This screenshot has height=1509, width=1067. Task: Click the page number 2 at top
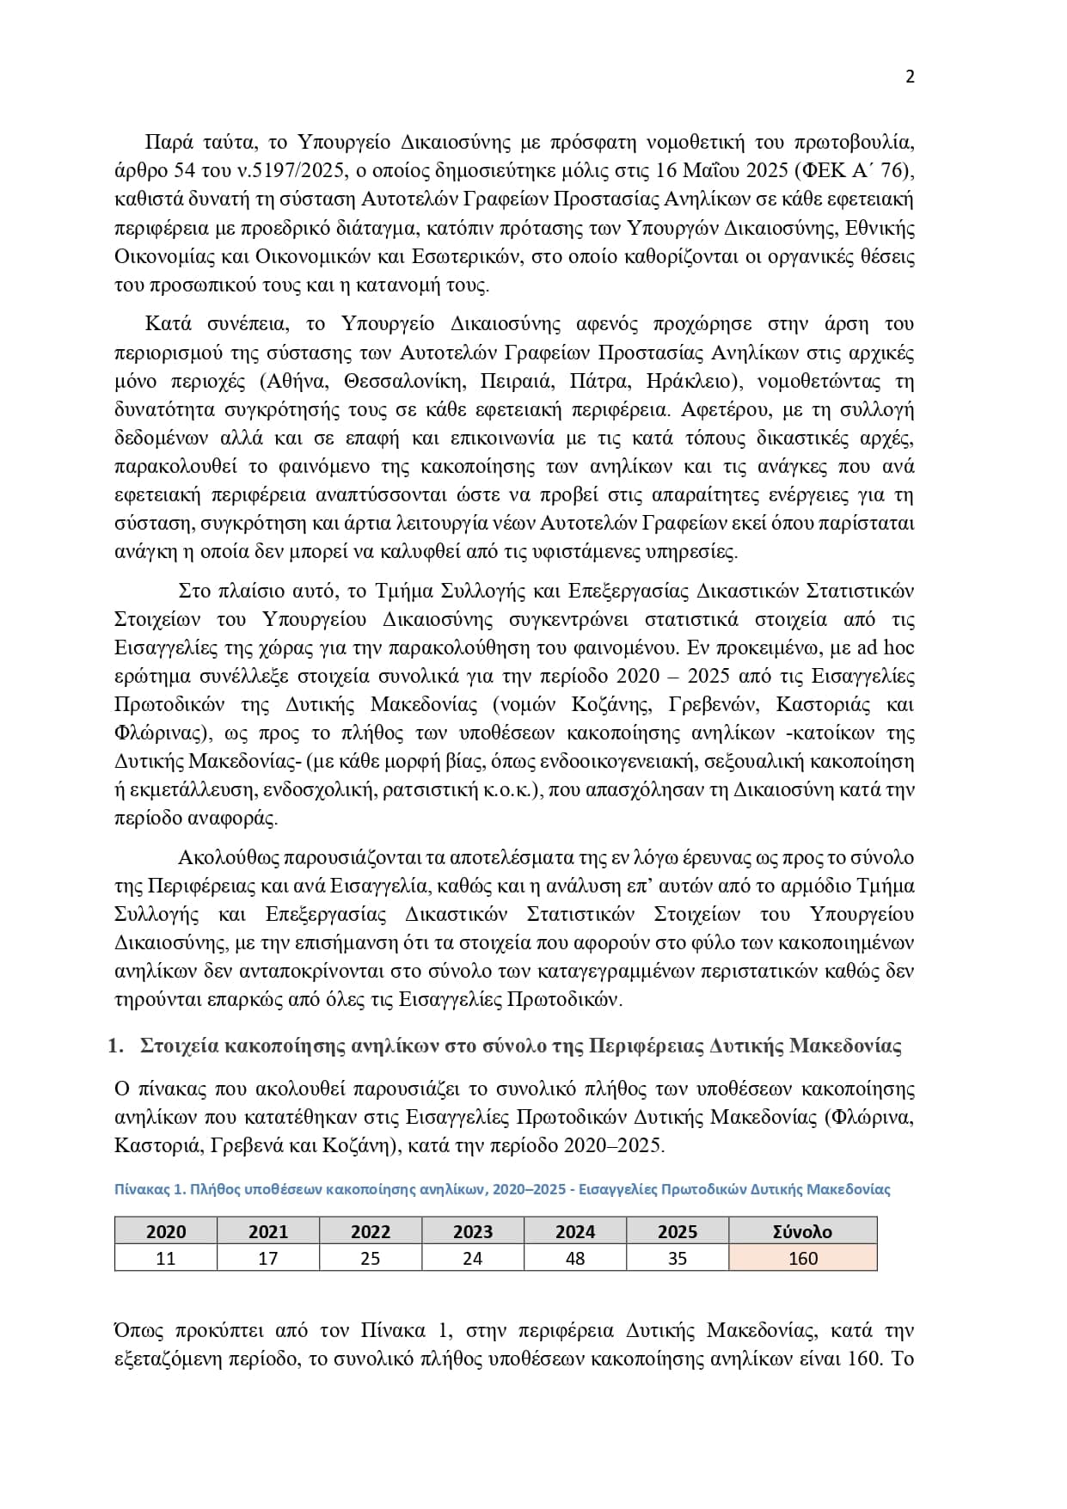[x=911, y=77]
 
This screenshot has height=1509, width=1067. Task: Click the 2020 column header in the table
[x=166, y=1231]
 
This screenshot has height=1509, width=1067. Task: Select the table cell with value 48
[x=575, y=1258]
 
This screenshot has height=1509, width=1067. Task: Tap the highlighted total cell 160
[x=802, y=1258]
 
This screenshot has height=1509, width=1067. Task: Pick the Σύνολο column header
[x=802, y=1231]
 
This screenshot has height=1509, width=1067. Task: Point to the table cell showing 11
[x=166, y=1258]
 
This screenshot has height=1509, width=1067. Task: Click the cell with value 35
[x=678, y=1258]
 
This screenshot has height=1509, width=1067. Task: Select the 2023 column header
[x=473, y=1231]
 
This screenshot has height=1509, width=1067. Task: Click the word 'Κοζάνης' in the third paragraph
[x=610, y=704]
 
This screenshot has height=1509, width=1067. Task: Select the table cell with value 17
[x=268, y=1258]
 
